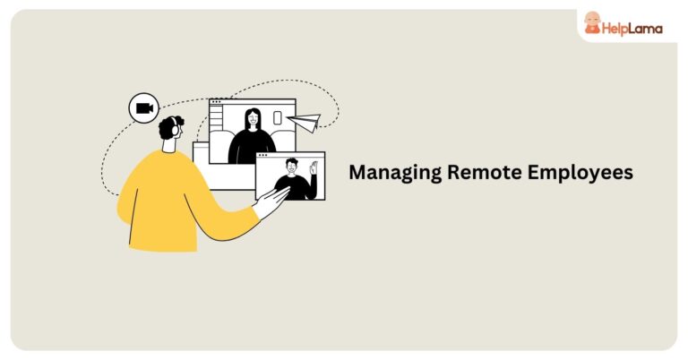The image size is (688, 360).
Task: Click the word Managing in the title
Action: click(x=395, y=172)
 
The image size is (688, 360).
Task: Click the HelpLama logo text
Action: click(x=632, y=29)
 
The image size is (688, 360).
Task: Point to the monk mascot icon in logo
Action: click(x=592, y=22)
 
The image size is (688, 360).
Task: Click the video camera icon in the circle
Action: click(x=144, y=107)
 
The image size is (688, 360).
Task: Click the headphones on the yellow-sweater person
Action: click(x=174, y=127)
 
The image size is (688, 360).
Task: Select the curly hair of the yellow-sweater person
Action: click(x=169, y=127)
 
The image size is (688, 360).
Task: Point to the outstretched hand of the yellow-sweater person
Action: click(x=271, y=201)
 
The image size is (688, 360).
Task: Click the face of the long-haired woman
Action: click(x=253, y=118)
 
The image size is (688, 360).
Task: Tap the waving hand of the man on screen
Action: click(x=314, y=167)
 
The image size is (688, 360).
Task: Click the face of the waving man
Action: click(x=292, y=167)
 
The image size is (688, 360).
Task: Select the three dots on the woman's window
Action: click(x=216, y=102)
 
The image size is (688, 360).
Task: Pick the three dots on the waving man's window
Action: click(x=262, y=155)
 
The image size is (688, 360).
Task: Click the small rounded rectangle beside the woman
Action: click(x=278, y=117)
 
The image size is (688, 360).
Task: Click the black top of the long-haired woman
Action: click(x=252, y=147)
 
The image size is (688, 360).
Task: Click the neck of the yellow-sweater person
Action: click(x=169, y=146)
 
